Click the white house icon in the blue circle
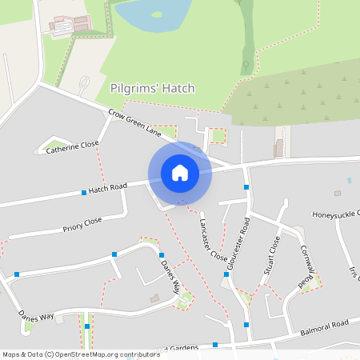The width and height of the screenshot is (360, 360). [x=179, y=172]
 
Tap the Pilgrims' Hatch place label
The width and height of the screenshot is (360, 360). [x=152, y=88]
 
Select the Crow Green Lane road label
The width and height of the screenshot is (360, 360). [x=134, y=125]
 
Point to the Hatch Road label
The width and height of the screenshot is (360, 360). [x=108, y=188]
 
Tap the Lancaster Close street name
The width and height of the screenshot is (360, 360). [x=213, y=240]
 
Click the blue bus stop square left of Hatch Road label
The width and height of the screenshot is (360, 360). [x=84, y=193]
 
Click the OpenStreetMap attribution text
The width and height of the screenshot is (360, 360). [x=80, y=354]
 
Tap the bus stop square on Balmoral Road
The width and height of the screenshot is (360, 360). [x=246, y=324]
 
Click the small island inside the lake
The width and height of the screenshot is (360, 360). [x=157, y=14]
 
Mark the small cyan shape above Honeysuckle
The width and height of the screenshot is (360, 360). [x=349, y=181]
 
